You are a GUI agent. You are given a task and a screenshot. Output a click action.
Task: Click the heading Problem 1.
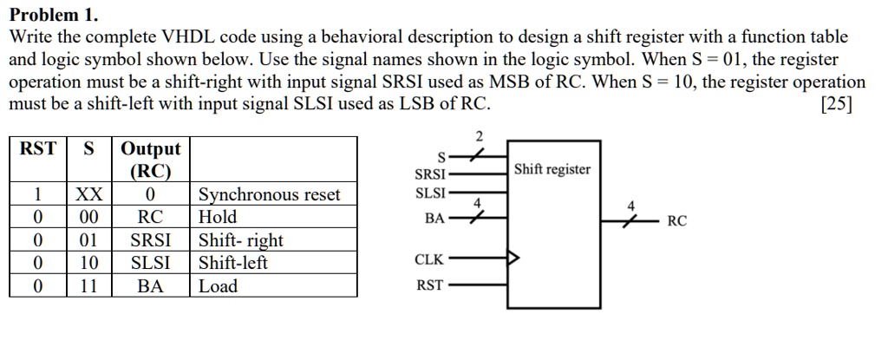pos(54,16)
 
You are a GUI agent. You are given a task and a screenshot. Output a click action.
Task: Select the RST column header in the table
pos(38,148)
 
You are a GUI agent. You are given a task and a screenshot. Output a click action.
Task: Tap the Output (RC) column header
pos(151,159)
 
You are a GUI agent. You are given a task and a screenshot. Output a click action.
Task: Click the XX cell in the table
pos(88,194)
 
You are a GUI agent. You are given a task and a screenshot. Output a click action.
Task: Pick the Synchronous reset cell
pos(270,194)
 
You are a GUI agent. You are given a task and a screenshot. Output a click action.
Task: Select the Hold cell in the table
pos(218,217)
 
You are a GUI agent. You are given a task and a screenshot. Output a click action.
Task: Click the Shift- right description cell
pos(241,240)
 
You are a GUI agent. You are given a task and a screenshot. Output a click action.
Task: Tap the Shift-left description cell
pos(233,263)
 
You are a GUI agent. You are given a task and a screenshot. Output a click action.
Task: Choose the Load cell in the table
pos(218,286)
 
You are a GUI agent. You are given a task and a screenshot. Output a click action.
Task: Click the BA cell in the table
pos(151,286)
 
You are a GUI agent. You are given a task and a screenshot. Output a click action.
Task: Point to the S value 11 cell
pos(88,286)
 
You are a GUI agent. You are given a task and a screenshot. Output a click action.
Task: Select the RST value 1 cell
pos(38,194)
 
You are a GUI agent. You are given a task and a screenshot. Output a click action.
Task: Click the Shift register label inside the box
pos(552,169)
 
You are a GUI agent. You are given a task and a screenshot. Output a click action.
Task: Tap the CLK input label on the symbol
pos(430,259)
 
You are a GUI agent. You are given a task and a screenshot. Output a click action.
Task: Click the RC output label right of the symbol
pos(677,221)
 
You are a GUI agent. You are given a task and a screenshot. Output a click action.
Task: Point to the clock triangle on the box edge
pos(514,258)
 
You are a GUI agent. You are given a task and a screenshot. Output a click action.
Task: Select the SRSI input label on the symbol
pos(431,174)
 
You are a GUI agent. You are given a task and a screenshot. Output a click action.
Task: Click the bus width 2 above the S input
pos(478,135)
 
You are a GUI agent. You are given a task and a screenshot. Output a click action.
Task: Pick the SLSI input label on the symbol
pos(431,193)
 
